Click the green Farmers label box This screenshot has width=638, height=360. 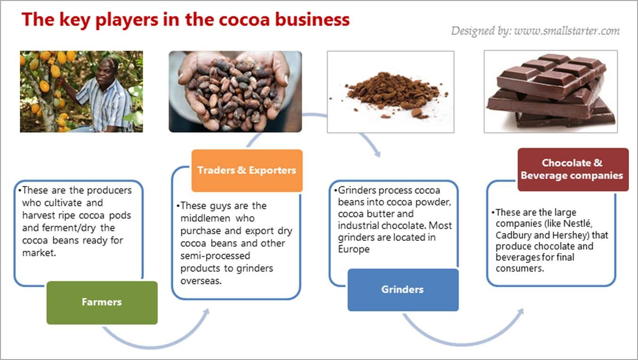pyautogui.click(x=102, y=303)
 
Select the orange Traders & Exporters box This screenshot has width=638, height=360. pyautogui.click(x=246, y=170)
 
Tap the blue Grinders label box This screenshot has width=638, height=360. pyautogui.click(x=403, y=290)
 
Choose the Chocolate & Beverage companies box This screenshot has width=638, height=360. pyautogui.click(x=573, y=169)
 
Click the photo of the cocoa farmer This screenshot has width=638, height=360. pyautogui.click(x=81, y=91)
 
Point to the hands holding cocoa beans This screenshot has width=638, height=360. pyautogui.click(x=235, y=91)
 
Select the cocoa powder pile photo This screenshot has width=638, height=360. pyautogui.click(x=390, y=91)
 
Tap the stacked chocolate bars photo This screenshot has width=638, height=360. pyautogui.click(x=550, y=91)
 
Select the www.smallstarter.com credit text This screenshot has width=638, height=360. pyautogui.click(x=566, y=31)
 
